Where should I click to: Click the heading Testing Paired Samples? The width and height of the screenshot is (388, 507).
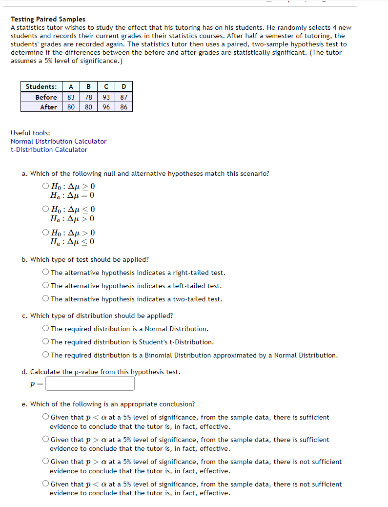[x=48, y=19]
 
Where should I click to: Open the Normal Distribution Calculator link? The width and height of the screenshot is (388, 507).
[x=59, y=141]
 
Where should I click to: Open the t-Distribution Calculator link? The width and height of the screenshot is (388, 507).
[x=49, y=149]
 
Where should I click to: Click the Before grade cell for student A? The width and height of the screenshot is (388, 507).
[x=71, y=97]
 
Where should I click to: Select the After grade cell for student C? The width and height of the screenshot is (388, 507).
[x=106, y=106]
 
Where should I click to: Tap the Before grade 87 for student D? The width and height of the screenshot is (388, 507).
[x=123, y=97]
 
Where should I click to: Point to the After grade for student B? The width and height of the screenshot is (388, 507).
[x=88, y=106]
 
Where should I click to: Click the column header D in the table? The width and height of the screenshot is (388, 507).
[x=123, y=86]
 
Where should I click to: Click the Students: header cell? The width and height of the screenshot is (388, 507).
[x=41, y=86]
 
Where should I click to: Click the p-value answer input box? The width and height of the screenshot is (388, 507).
[x=90, y=383]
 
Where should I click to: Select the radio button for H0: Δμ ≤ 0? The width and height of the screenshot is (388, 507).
[x=45, y=209]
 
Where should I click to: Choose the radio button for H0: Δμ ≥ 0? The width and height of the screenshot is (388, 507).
[x=45, y=186]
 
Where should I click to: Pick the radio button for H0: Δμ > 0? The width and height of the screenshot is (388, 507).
[x=45, y=232]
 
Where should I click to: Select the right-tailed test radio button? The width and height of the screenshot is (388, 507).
[x=45, y=273]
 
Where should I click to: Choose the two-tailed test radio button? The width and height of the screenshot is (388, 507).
[x=45, y=299]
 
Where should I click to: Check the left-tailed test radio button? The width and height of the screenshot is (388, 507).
[x=45, y=286]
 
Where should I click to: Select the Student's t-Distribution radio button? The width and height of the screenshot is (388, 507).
[x=45, y=342]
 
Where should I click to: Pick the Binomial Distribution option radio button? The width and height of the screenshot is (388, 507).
[x=45, y=355]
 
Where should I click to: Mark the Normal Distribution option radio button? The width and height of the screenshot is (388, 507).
[x=45, y=329]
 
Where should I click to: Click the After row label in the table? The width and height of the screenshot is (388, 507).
[x=48, y=106]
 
